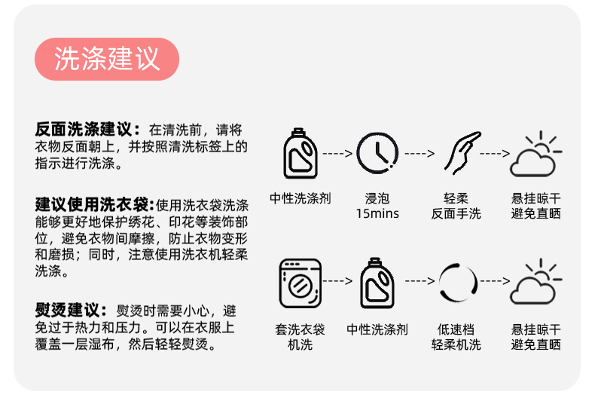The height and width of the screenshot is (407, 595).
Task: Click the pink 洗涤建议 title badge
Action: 107,59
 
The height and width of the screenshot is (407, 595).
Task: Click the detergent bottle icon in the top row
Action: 301,154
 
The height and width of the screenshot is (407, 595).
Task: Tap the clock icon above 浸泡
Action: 377,154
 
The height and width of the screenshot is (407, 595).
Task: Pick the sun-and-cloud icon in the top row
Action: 535,154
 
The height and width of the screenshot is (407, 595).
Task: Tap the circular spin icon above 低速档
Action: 456,282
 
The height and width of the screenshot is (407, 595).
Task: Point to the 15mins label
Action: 377,214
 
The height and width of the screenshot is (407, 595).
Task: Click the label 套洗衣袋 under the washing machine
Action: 301,329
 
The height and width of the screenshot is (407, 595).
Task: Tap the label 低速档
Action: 456,329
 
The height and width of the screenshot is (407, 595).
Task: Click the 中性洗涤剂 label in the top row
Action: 301,199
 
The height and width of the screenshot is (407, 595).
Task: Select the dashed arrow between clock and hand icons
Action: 420,154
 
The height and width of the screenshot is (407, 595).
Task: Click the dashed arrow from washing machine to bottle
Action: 338,281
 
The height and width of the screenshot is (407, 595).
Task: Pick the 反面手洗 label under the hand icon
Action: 456,214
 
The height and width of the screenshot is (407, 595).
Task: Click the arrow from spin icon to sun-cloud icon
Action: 495,281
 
